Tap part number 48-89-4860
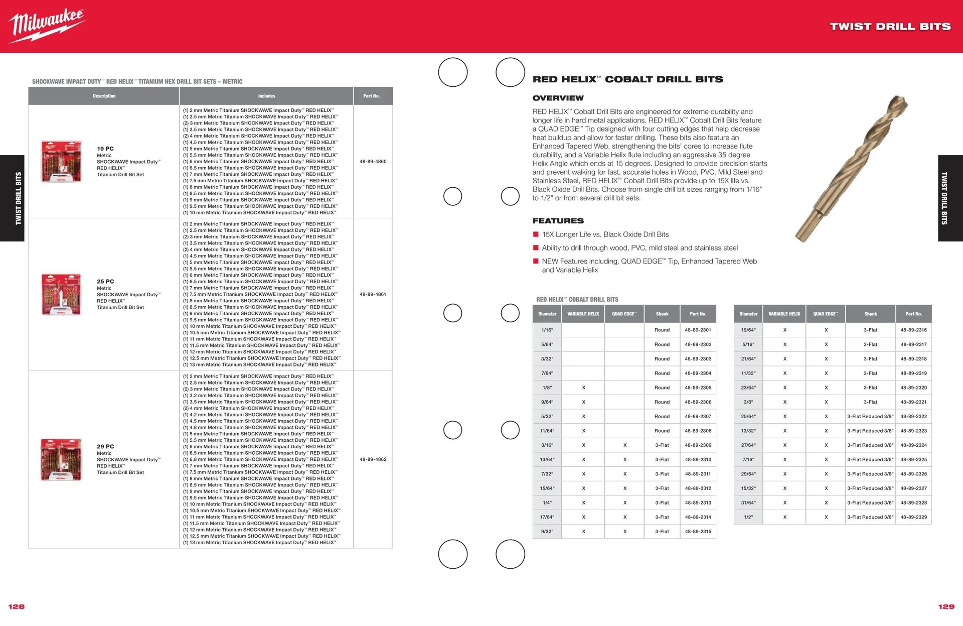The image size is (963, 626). pos(373,162)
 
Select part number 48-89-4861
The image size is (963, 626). pos(373,295)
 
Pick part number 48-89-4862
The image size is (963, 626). pos(373,459)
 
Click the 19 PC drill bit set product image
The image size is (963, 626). pos(61,162)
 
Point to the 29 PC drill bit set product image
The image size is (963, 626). pos(61,459)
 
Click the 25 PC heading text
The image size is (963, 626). pos(105,282)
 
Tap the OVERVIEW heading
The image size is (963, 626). pos(558,98)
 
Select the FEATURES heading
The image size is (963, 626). pos(558,221)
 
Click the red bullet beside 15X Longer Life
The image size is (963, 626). pos(536,234)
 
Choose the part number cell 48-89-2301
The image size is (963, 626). pos(698,330)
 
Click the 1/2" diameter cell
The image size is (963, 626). pos(748,517)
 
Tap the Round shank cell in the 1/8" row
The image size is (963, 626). pos(662,388)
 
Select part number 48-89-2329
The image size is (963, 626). pos(913,517)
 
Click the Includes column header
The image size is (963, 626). pos(266,96)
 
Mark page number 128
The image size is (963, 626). pos(17,606)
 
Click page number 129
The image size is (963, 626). pos(946,606)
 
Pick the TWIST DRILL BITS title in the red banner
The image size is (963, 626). pos(890,27)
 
